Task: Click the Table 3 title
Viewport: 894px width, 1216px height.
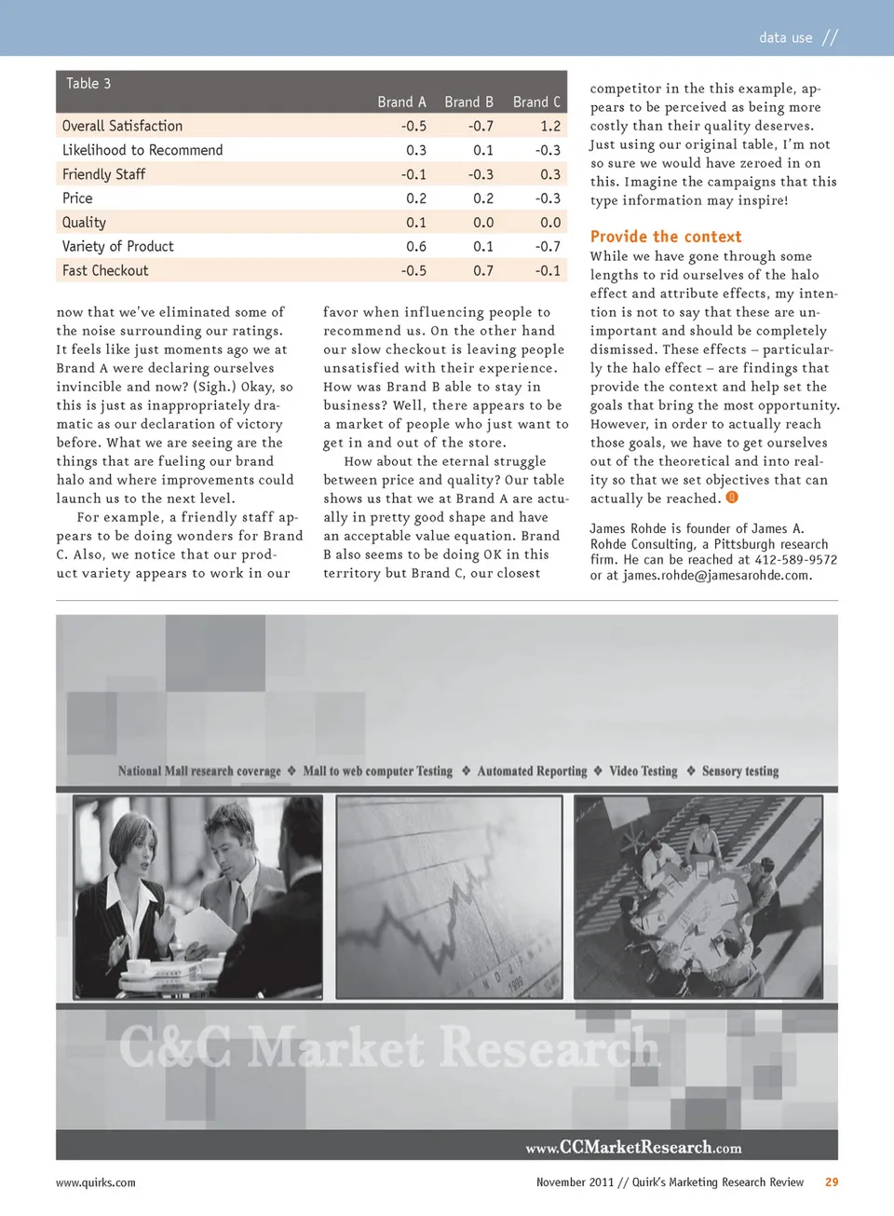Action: (x=88, y=84)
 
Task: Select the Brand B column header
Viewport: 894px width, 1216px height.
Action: (x=468, y=102)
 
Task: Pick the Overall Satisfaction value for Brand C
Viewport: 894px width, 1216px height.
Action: (x=550, y=127)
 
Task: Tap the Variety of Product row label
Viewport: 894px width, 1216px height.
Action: (x=118, y=247)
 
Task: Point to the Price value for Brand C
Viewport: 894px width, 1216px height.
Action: (x=548, y=198)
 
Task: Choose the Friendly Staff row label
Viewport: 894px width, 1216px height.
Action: (x=104, y=175)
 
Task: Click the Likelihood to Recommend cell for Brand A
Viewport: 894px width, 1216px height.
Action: (x=416, y=151)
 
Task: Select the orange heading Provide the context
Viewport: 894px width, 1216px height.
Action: (x=666, y=237)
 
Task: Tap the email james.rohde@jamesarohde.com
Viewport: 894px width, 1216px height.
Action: (x=716, y=576)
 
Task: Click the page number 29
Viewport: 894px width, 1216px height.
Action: (x=832, y=1182)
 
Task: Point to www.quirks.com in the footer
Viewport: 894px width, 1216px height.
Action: (x=96, y=1182)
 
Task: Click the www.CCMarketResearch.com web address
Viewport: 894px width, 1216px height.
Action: (x=633, y=1148)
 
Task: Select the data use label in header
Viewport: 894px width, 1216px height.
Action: (x=786, y=38)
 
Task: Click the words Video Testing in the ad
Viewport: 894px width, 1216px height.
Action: (x=643, y=772)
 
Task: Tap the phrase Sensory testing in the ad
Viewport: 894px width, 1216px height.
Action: (x=740, y=772)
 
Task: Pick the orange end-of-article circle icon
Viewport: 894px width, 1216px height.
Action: (x=732, y=498)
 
